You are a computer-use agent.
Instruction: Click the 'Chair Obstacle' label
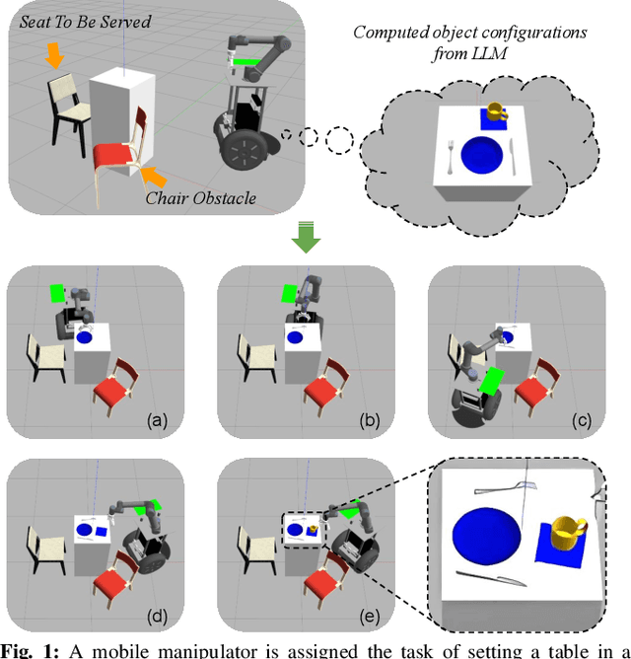click(201, 198)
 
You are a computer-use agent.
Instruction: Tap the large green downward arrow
click(307, 237)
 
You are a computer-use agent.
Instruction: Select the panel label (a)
click(157, 420)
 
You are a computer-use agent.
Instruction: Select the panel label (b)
click(370, 420)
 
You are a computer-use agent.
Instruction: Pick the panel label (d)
click(157, 619)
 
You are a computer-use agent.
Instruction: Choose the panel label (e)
click(370, 619)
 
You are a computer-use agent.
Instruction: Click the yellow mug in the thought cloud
click(495, 110)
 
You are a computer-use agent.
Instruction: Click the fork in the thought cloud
click(451, 155)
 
